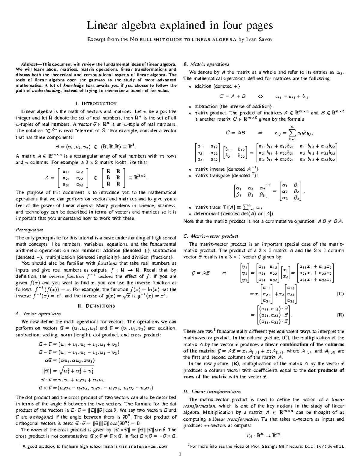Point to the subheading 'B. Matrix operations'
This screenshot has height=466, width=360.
click(x=206, y=64)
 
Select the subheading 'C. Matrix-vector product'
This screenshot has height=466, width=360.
click(x=211, y=236)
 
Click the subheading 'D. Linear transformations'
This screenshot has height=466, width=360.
click(x=212, y=392)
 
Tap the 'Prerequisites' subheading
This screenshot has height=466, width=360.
click(x=29, y=230)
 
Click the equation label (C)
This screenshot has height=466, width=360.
click(x=340, y=294)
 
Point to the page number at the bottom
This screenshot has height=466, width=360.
click(x=180, y=454)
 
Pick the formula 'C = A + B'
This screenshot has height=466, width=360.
click(x=232, y=96)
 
